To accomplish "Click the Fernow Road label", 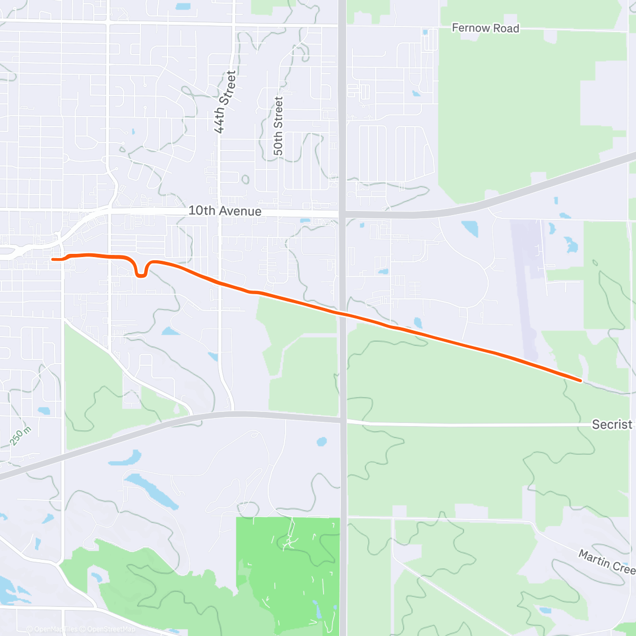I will click(485, 28).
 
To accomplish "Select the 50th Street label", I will click(278, 126).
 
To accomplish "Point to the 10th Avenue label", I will click(225, 211).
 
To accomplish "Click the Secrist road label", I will click(612, 424).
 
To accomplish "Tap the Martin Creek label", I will click(606, 561).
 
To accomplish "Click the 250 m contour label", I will click(21, 436).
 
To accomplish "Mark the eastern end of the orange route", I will click(581, 380).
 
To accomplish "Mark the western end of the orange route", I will click(52, 259).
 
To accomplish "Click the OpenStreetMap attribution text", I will click(111, 630).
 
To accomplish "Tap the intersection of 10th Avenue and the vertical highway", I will click(342, 213).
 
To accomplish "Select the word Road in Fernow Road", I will click(506, 29).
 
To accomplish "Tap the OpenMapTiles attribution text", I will click(56, 630).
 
